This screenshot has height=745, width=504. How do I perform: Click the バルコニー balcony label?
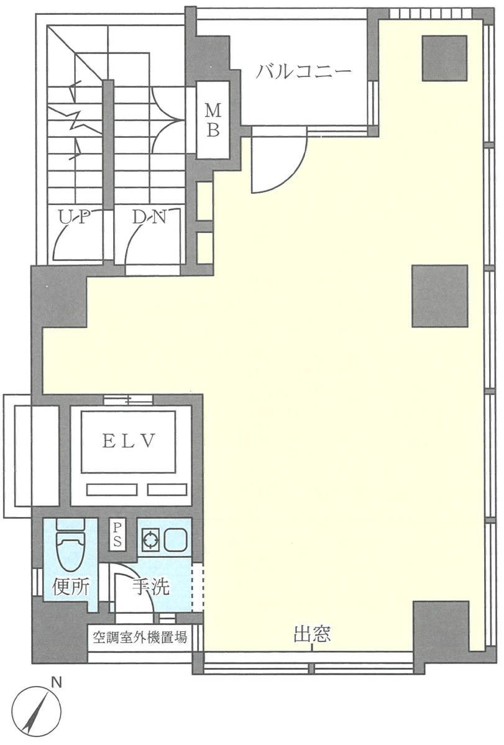click(x=303, y=71)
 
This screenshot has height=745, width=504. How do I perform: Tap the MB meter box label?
click(x=213, y=120)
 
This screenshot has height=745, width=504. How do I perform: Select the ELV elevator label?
click(x=128, y=441)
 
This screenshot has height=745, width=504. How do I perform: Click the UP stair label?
click(x=75, y=217)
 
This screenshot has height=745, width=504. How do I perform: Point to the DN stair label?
click(x=149, y=217)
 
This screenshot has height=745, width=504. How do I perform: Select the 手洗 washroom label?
click(x=150, y=587)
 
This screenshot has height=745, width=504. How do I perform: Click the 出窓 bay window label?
click(x=312, y=634)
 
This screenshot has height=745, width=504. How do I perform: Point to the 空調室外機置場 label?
click(x=140, y=637)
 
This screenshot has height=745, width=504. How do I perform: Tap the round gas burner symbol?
click(x=150, y=540)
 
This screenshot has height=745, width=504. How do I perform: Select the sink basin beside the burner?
click(x=175, y=540)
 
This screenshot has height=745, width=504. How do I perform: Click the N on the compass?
click(x=57, y=683)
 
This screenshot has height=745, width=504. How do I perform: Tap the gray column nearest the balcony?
click(x=444, y=58)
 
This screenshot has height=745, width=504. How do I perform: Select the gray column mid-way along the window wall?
click(x=440, y=296)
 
